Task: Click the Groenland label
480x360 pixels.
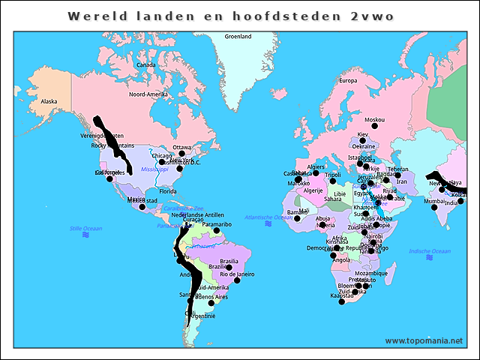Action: tap(238, 36)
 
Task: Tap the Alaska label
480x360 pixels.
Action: tap(49, 100)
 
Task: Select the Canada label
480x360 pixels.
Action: tap(145, 64)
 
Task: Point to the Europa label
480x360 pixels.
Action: tap(348, 80)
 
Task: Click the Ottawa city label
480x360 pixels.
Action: tap(182, 147)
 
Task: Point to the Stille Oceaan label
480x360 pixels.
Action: tap(85, 228)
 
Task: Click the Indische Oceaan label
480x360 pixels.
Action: tap(430, 250)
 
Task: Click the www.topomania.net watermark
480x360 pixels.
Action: tap(424, 340)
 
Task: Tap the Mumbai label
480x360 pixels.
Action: tap(433, 201)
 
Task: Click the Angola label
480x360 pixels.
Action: tap(341, 260)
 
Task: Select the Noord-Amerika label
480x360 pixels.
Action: tap(148, 94)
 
